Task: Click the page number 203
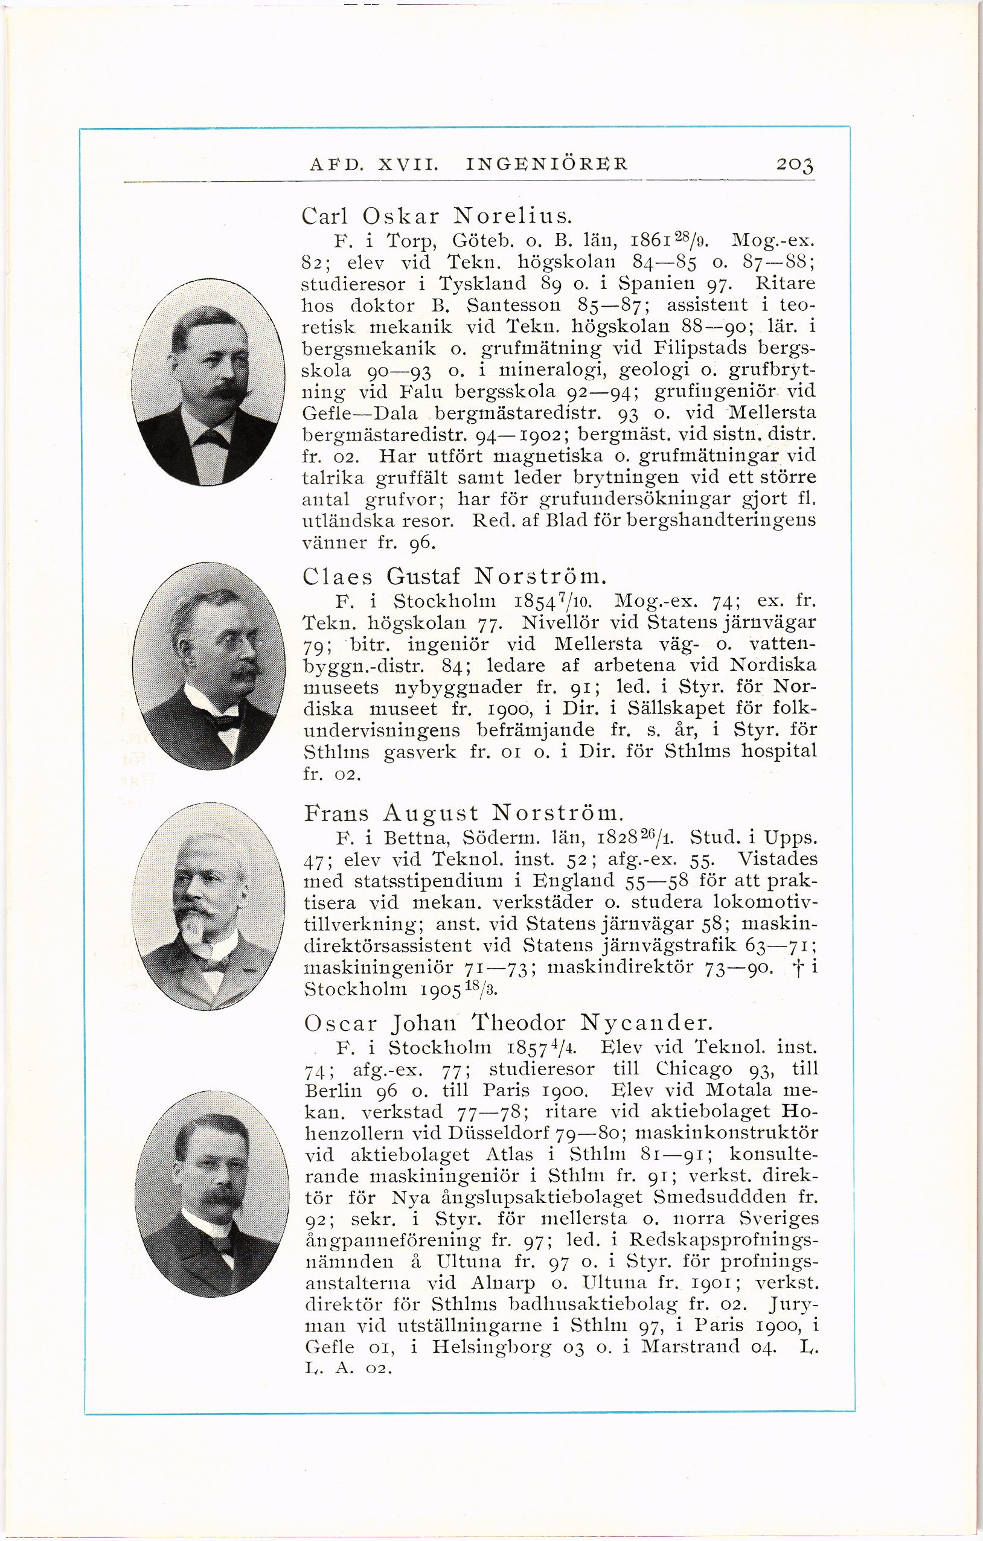click(795, 164)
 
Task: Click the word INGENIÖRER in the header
click(548, 164)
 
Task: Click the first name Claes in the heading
click(338, 577)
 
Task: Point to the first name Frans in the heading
click(338, 814)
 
